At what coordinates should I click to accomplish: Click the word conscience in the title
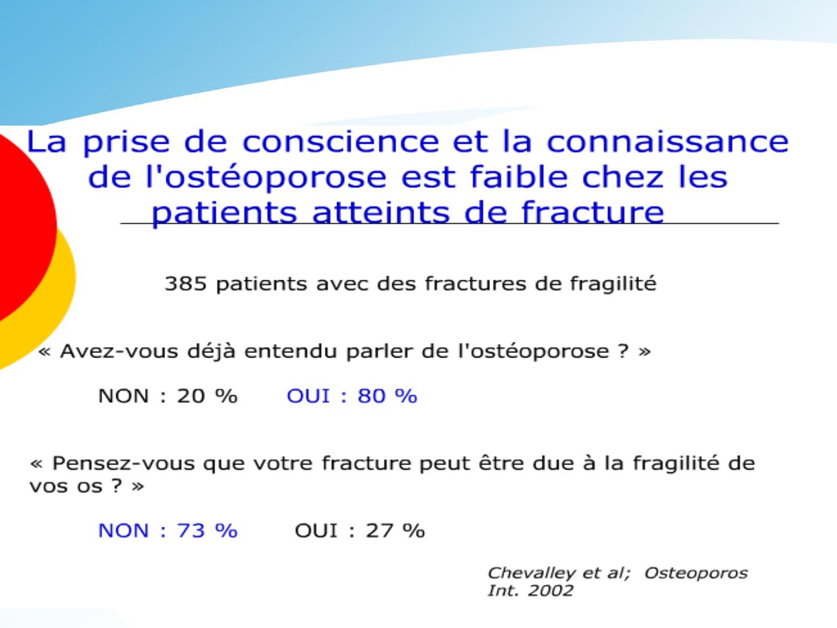[341, 142]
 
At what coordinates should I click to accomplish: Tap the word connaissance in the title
[667, 142]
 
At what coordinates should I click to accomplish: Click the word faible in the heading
[519, 177]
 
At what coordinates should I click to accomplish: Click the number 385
[185, 284]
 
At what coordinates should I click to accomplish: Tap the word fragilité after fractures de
[613, 284]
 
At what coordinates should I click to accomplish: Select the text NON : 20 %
[168, 396]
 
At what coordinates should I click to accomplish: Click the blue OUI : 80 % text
[352, 396]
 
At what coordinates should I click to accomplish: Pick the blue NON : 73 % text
[168, 530]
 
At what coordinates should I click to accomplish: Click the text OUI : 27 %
[360, 530]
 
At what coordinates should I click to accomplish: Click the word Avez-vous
[119, 351]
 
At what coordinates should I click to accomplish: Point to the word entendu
[291, 351]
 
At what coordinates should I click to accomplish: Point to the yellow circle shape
[57, 305]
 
